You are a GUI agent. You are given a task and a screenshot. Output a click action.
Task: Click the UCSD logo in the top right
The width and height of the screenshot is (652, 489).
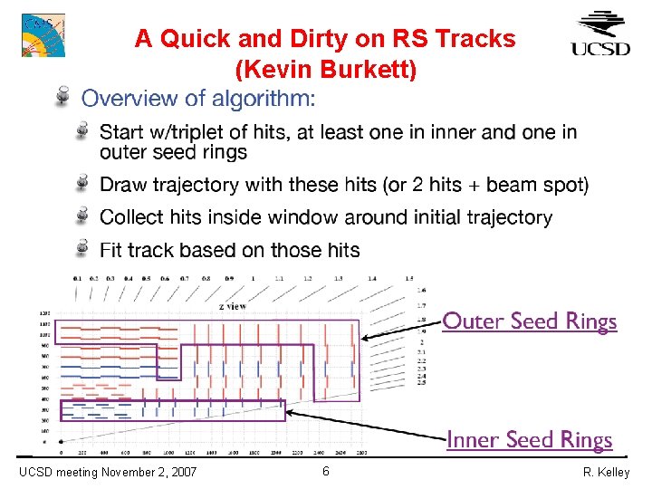pos(600,34)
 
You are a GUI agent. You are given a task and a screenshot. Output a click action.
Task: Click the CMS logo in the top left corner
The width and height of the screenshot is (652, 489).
pos(43,34)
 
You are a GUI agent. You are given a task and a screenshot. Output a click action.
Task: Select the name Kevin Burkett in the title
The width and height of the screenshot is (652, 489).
pos(325,68)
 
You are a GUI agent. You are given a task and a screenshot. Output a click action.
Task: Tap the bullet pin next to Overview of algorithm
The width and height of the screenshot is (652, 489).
pos(63,95)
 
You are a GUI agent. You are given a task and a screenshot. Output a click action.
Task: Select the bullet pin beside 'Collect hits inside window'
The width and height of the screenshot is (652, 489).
pos(83,216)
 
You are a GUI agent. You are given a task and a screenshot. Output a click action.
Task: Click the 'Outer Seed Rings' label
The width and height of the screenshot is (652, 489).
pos(529,321)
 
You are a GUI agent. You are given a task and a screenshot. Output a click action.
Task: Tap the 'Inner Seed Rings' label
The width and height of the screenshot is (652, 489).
pos(529,440)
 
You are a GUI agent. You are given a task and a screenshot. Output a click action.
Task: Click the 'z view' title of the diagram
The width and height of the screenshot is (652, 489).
pos(233,306)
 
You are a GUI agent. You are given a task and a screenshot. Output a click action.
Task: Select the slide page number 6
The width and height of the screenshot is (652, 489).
pos(326,471)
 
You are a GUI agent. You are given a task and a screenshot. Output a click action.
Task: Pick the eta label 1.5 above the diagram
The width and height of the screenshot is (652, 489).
pos(408,278)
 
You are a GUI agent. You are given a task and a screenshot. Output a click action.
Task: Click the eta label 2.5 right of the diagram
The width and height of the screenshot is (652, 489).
pos(419,383)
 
